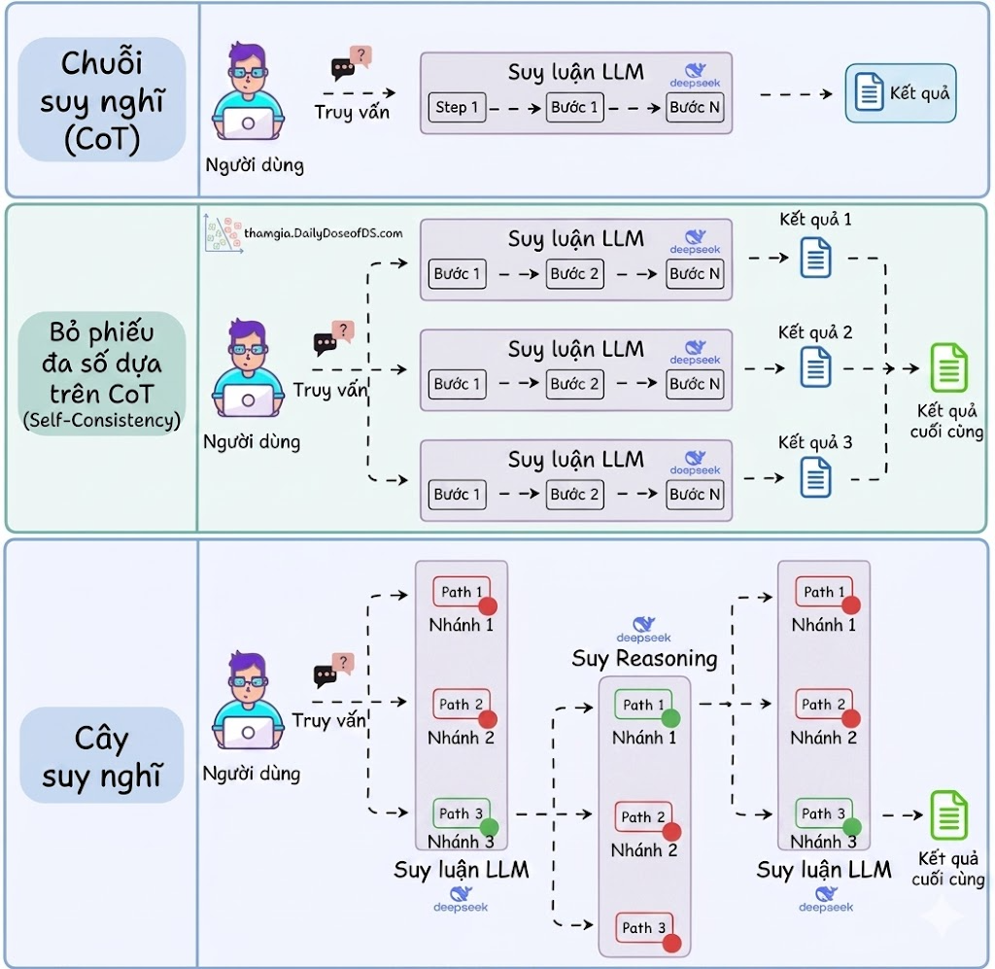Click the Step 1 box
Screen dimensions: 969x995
click(457, 107)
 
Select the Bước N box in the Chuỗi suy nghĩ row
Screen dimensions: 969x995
click(695, 107)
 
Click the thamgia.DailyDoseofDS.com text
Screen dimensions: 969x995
click(324, 233)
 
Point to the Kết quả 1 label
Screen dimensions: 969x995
click(815, 220)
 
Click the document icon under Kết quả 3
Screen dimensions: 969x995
click(815, 477)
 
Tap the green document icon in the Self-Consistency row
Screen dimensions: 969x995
click(948, 367)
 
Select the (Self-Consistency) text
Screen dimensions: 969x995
click(101, 421)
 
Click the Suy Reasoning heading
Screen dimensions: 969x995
click(644, 658)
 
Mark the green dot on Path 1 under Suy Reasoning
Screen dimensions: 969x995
click(670, 718)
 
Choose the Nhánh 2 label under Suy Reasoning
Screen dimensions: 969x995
click(643, 850)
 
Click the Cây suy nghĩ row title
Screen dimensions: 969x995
click(101, 757)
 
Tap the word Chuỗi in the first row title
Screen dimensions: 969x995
click(101, 64)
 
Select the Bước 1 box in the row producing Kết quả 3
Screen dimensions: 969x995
click(457, 495)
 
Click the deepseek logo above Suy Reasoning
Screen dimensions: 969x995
click(644, 628)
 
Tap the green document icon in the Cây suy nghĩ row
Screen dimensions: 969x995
click(948, 814)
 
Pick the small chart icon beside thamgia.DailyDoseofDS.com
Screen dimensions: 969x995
click(223, 233)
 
